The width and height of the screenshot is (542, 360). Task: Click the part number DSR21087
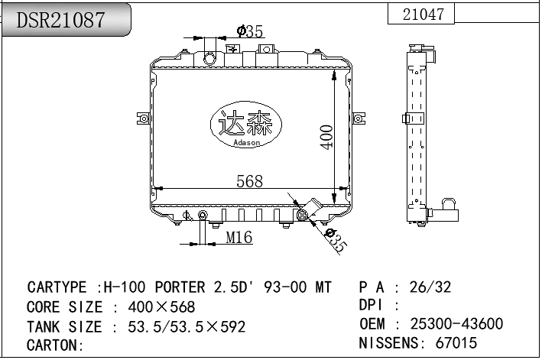[61, 21]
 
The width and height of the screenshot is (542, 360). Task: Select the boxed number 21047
[423, 15]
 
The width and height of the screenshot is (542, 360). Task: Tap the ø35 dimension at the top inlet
[250, 31]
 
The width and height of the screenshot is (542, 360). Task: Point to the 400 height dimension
[326, 137]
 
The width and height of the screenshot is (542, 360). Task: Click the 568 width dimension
[249, 182]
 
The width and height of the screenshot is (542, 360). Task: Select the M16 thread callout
[239, 238]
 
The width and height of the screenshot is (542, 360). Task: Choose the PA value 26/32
[430, 287]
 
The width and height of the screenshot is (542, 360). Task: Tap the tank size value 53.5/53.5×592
[180, 327]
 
